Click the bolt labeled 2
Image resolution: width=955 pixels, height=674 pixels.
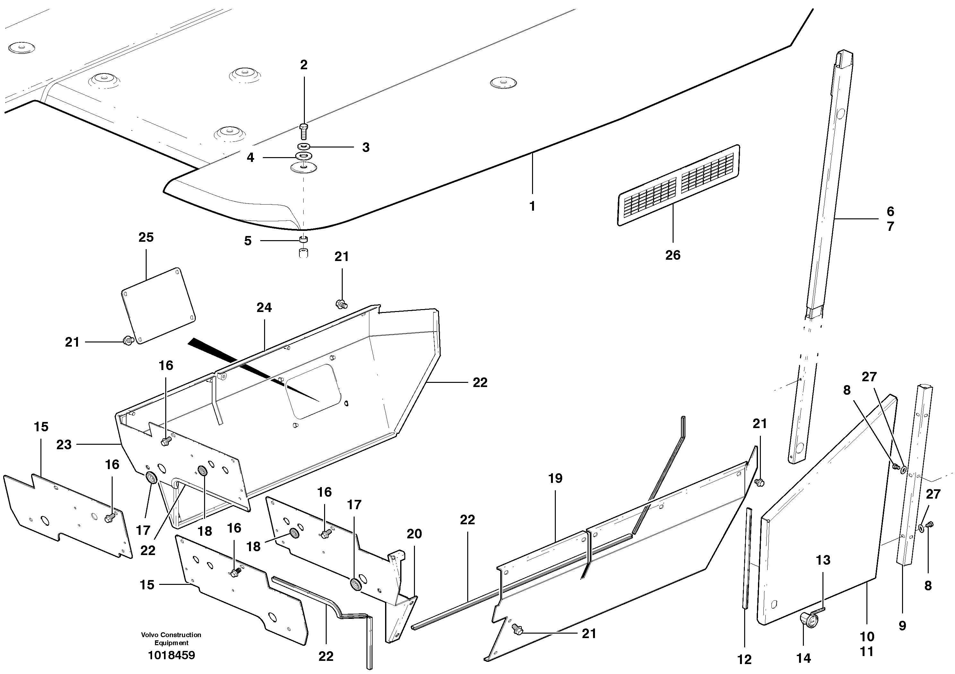coord(304,132)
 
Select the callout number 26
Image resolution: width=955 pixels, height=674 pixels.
coord(673,255)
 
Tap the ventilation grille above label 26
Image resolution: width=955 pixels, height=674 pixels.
coord(679,185)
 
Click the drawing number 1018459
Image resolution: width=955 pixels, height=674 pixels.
coord(171,656)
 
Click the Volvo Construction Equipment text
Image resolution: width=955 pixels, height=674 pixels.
coord(171,639)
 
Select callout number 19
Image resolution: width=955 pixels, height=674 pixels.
coord(555,478)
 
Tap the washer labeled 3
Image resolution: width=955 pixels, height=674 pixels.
coord(304,147)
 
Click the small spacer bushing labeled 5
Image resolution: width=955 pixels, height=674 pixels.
coord(304,240)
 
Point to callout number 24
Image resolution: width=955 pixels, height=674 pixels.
coord(264,308)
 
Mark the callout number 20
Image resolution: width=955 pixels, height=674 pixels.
coord(414,534)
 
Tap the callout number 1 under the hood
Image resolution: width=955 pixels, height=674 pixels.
coord(532,206)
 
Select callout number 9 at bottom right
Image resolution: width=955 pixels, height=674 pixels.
coord(902,626)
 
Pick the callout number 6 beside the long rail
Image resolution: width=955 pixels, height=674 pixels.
coord(890,212)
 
